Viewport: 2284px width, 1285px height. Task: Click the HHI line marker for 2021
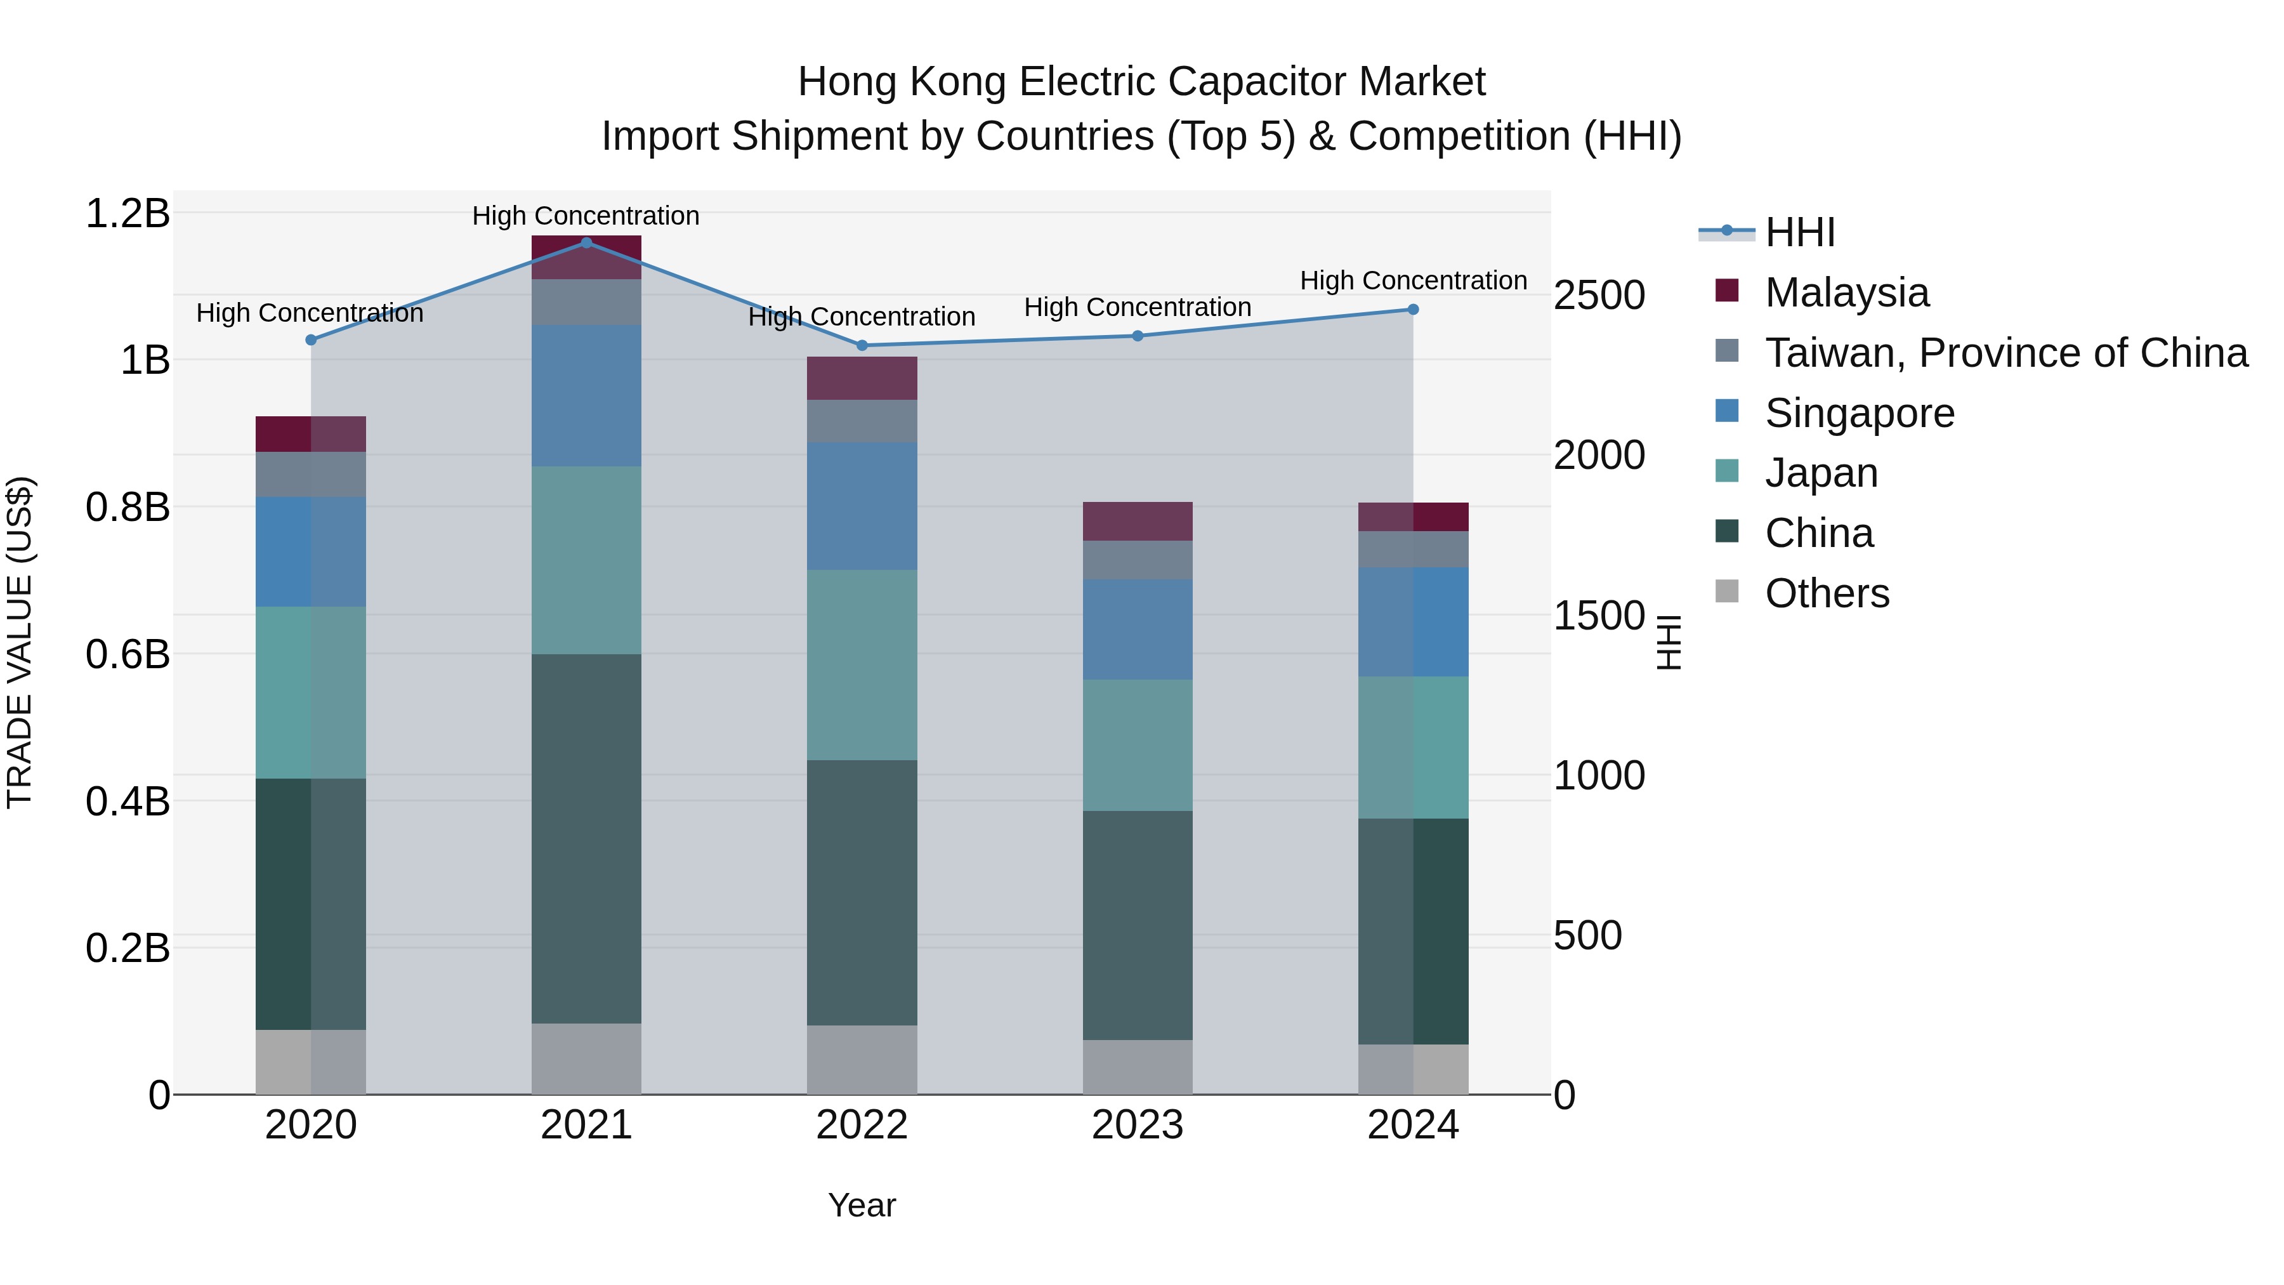[586, 243]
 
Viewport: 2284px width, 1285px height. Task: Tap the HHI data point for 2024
[1414, 310]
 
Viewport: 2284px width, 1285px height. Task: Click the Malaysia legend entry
[1846, 293]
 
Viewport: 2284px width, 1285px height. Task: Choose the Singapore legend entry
[1860, 413]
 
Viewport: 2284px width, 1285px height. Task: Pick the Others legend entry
[1827, 593]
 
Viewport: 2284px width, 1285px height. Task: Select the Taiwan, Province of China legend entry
[2005, 353]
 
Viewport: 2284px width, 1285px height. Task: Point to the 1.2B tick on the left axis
[128, 214]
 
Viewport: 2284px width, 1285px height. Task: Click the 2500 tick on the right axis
[1599, 295]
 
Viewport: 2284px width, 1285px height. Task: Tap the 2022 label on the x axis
[862, 1125]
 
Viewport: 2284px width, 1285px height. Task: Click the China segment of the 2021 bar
[586, 838]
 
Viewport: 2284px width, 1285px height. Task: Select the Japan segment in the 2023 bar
[1138, 745]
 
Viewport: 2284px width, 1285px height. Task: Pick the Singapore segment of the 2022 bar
[862, 506]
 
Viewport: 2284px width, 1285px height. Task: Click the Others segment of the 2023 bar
[1138, 1067]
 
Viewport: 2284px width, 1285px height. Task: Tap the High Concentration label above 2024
[1414, 281]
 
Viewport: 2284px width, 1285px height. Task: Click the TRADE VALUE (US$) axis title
[20, 642]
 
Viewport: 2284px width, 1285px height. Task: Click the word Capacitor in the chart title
[1249, 82]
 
